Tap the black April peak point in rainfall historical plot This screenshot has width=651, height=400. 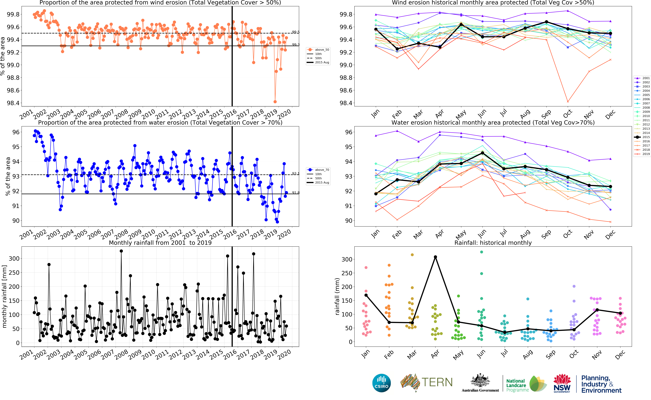(x=435, y=257)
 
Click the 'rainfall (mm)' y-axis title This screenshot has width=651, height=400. (x=337, y=296)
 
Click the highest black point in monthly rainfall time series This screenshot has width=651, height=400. (x=121, y=251)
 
